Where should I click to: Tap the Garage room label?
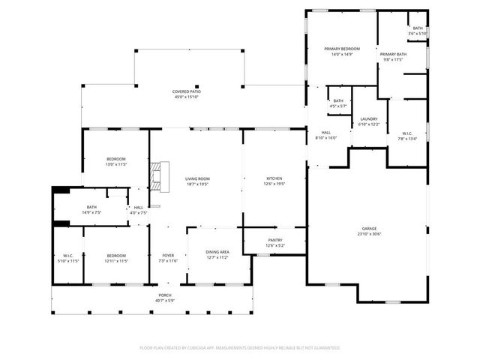pos(369,229)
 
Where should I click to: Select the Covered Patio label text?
pos(187,91)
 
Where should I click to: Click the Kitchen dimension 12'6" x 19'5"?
pos(274,183)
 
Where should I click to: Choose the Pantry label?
pos(274,240)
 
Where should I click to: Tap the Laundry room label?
pos(369,118)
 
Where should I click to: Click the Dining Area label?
pos(217,251)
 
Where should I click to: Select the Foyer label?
pos(168,255)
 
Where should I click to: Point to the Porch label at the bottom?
pos(164,295)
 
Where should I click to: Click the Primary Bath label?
pos(392,55)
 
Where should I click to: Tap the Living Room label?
pos(196,178)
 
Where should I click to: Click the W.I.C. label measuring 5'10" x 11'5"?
pos(67,255)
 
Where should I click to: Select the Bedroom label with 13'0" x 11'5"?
pos(115,159)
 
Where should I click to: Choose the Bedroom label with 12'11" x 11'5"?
pos(115,255)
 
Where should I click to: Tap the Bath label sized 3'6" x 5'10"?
pos(417,28)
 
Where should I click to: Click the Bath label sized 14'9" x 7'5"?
pos(91,207)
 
